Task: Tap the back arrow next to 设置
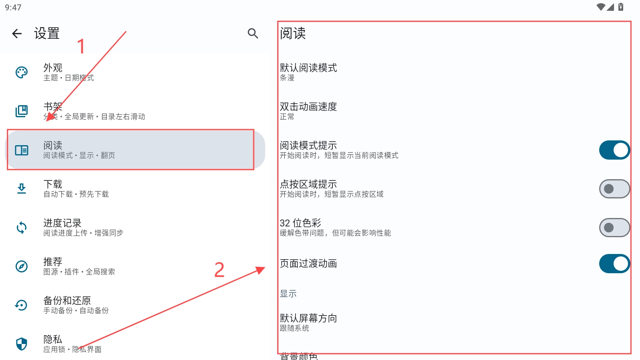[x=17, y=34]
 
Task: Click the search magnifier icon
[x=253, y=34]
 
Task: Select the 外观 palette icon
[x=22, y=72]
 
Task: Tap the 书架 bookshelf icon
[x=22, y=111]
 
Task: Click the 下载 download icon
[x=22, y=188]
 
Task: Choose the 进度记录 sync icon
[x=22, y=228]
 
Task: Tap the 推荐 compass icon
[x=22, y=266]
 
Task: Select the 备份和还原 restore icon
[x=22, y=305]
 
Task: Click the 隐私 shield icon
[x=22, y=344]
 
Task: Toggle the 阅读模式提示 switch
[x=614, y=150]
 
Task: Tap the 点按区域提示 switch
[x=614, y=189]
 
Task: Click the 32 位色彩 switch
[x=614, y=228]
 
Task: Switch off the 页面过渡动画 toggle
[x=614, y=264]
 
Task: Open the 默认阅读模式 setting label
[x=308, y=68]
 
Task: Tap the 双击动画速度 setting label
[x=308, y=107]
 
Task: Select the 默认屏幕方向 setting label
[x=308, y=318]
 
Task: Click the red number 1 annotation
[x=81, y=46]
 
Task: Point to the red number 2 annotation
[x=219, y=270]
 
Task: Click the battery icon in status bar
[x=621, y=7]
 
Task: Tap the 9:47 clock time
[x=13, y=8]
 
